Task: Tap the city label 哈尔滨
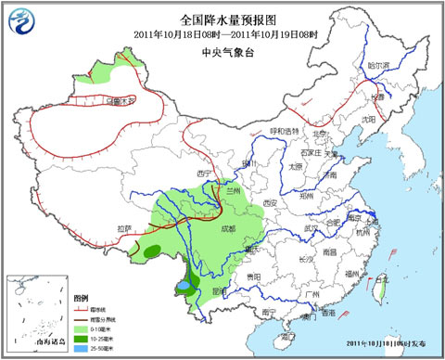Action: click(379, 66)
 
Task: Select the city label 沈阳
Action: click(369, 120)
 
